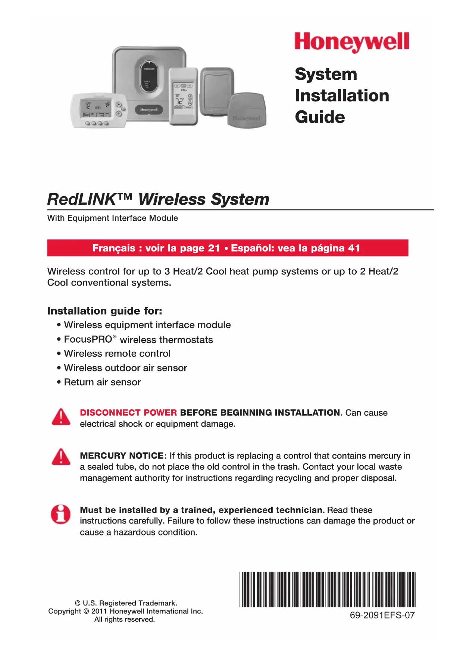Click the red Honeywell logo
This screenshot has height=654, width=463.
pos(351,42)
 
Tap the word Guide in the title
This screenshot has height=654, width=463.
pos(320,117)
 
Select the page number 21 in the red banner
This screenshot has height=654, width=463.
pos(214,248)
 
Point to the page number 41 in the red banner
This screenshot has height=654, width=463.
pos(354,248)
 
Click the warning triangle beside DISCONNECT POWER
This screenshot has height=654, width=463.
pos(61,417)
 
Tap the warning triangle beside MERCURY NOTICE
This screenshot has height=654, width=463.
pos(61,457)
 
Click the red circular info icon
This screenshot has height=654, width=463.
pos(61,515)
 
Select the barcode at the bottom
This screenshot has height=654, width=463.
pos(327,589)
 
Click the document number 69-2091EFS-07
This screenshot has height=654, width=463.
pos(382,615)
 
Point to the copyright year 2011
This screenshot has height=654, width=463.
pos(99,611)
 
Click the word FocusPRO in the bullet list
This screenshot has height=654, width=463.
pos(88,339)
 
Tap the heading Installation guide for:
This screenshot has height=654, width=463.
pos(104,311)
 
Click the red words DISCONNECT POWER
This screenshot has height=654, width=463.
pos(128,413)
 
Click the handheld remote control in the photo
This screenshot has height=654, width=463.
pos(183,96)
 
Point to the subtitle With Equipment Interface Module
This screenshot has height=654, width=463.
pos(112,218)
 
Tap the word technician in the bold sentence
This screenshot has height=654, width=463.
pos(298,510)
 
